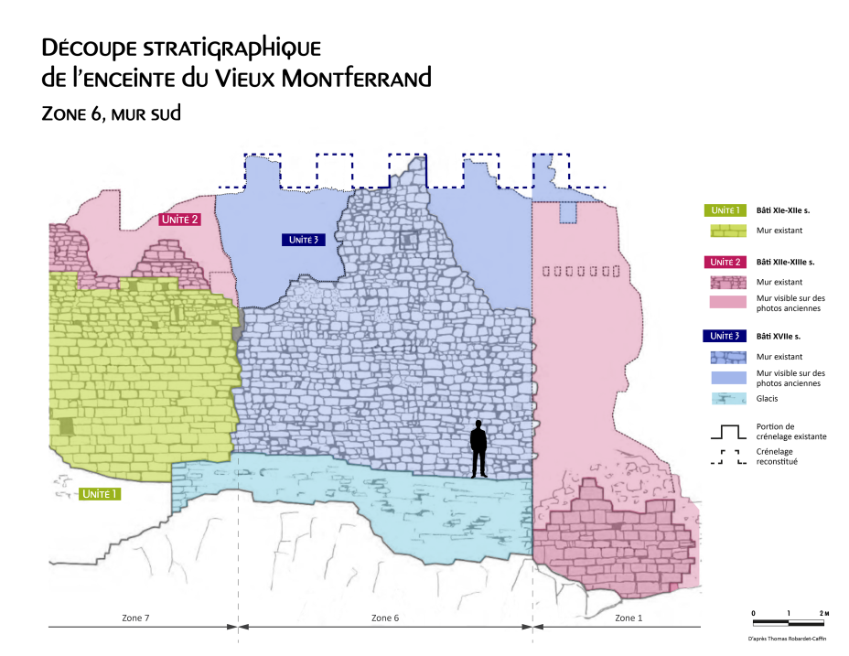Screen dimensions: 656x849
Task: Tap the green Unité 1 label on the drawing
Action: click(x=100, y=494)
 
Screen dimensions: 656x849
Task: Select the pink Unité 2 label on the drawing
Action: click(x=179, y=220)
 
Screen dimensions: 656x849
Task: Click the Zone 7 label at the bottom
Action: click(x=135, y=618)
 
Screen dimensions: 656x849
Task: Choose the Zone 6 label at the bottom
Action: click(x=385, y=618)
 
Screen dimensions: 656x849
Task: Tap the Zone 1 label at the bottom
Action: click(x=628, y=618)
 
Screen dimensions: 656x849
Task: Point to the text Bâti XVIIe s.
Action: click(x=779, y=336)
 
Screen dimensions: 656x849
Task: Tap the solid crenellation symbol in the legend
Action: click(x=729, y=431)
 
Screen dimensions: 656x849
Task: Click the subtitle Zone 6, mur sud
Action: click(x=112, y=113)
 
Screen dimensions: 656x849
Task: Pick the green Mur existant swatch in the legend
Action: click(x=729, y=231)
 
